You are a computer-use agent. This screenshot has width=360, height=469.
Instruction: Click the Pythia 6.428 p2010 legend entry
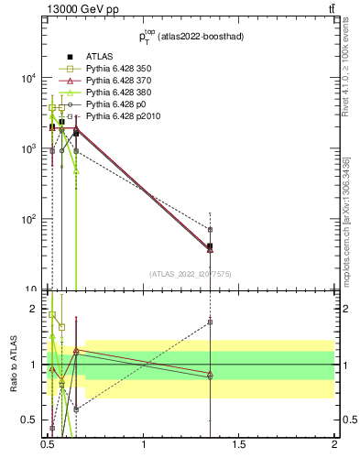coord(120,117)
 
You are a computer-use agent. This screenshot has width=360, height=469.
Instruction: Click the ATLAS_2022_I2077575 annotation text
coord(191,274)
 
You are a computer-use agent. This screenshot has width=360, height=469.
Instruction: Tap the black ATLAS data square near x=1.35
coord(211,246)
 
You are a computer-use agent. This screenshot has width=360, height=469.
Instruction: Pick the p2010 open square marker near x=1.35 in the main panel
coord(211,229)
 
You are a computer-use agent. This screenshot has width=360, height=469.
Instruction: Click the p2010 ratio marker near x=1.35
coord(211,322)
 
